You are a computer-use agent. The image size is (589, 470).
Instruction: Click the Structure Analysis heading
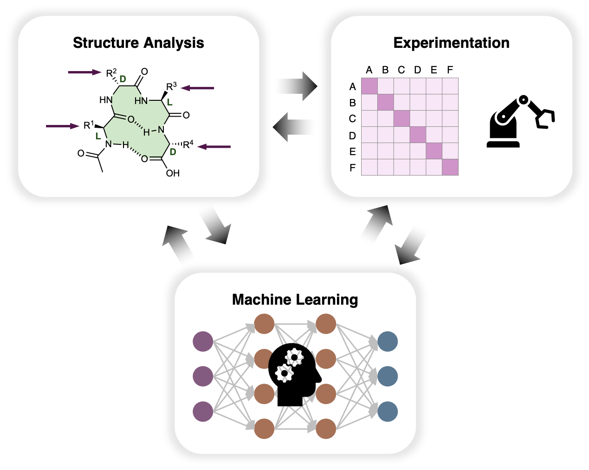(x=138, y=43)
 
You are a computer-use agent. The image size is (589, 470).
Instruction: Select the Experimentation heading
(x=451, y=43)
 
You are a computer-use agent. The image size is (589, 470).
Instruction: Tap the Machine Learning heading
(x=295, y=300)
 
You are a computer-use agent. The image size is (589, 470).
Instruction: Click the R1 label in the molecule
(x=89, y=125)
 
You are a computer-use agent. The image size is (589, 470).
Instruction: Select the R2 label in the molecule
(x=111, y=73)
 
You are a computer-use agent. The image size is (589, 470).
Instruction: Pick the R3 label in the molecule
(x=171, y=86)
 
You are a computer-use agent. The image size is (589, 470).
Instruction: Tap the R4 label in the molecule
(x=188, y=144)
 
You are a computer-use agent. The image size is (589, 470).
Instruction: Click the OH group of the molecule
(x=173, y=173)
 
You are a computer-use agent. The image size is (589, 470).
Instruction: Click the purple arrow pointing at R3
(x=198, y=88)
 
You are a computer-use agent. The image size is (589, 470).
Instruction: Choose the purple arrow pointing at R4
(x=214, y=147)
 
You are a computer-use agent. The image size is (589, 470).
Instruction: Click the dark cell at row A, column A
(x=369, y=86)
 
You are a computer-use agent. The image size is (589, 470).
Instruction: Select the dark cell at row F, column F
(x=450, y=167)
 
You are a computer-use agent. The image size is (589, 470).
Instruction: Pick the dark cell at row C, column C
(x=402, y=118)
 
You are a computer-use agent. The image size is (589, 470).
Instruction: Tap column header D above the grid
(x=418, y=70)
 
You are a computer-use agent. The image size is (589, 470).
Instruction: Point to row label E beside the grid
(x=352, y=151)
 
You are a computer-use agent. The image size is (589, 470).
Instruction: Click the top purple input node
(x=203, y=342)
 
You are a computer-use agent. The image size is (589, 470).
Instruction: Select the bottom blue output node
(x=388, y=411)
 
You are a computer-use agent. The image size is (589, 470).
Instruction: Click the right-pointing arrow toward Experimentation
(x=295, y=86)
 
